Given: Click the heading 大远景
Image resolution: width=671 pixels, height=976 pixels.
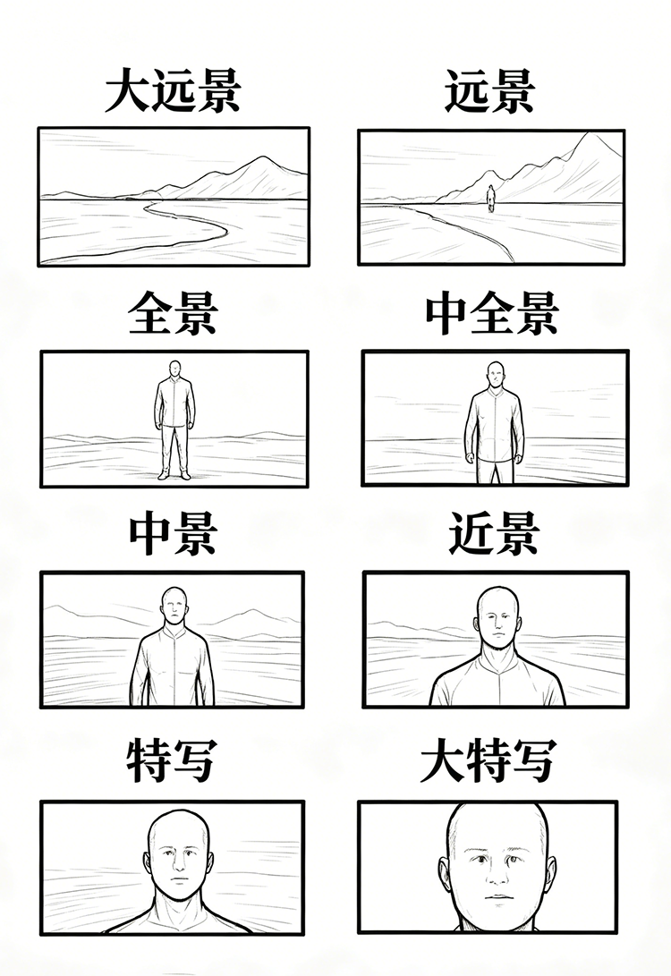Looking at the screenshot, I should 172,92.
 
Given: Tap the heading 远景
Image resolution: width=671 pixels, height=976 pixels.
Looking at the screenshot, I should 489,92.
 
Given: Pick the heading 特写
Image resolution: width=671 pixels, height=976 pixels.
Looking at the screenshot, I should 171,761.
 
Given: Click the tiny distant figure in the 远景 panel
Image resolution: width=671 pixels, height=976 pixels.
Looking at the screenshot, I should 490,198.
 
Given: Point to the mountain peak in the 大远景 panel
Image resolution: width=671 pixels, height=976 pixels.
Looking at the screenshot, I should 263,158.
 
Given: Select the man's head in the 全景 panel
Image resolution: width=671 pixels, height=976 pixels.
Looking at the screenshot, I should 174,369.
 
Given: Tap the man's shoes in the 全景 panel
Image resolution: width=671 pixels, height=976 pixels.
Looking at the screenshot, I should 174,474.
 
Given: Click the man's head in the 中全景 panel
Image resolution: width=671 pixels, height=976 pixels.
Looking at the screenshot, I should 493,374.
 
